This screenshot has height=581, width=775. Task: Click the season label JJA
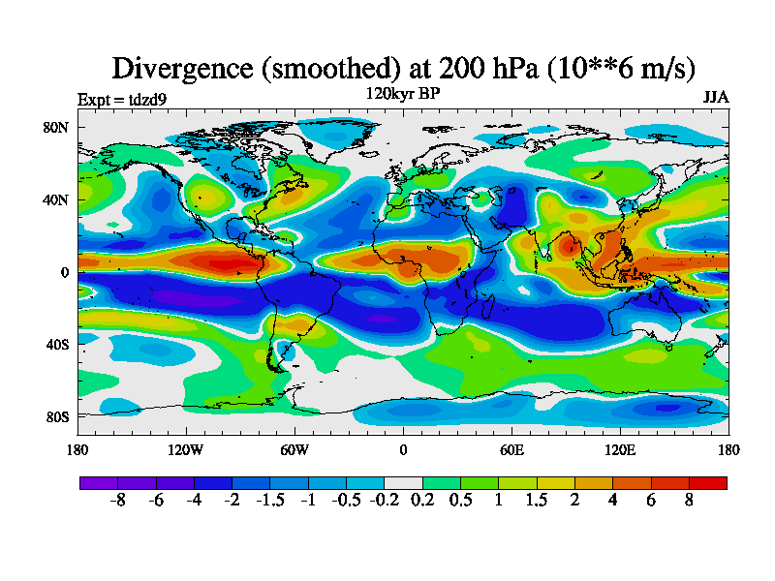[x=715, y=98]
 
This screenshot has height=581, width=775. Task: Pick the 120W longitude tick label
[x=185, y=449]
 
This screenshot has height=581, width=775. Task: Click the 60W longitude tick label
[x=294, y=449]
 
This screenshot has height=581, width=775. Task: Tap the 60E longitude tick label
[x=511, y=449]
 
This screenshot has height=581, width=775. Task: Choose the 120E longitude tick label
[x=620, y=449]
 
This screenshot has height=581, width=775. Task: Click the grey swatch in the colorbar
[x=403, y=481]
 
